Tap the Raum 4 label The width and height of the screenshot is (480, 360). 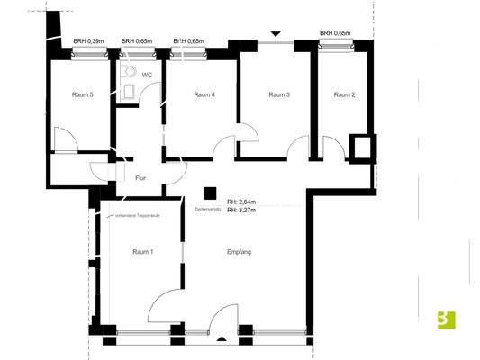point(204,94)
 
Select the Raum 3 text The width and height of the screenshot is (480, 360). point(279,94)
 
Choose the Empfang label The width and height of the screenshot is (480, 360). point(239,251)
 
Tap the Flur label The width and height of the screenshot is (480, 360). point(140,178)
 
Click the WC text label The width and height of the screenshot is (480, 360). point(147,76)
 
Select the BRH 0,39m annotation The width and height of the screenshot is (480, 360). point(87,41)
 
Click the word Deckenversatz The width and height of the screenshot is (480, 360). point(208,207)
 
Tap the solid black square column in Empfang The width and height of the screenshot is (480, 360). point(209,192)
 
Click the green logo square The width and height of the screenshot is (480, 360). point(444,318)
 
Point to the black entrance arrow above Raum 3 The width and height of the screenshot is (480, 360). point(276,37)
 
